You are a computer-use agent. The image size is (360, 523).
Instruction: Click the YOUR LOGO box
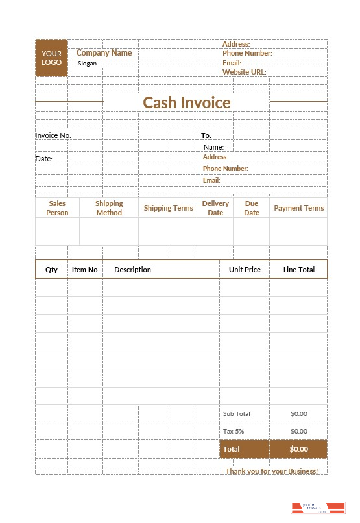point(51,58)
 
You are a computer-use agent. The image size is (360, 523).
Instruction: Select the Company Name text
point(104,53)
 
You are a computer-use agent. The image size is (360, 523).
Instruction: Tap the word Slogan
point(87,64)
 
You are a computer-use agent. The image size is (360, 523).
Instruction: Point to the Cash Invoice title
point(186,102)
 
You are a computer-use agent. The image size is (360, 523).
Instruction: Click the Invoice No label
point(53,135)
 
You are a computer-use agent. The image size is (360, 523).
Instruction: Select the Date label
point(43,159)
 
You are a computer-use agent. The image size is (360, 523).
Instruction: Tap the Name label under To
point(213,147)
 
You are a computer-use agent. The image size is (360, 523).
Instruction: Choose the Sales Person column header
point(57,208)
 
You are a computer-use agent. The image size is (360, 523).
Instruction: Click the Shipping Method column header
point(109,208)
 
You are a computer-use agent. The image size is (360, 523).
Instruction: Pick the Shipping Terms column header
point(168,208)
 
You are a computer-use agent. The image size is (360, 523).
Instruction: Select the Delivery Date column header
point(215,208)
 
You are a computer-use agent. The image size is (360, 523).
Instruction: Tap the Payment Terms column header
point(298,208)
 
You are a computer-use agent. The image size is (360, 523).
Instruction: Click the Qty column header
point(51,270)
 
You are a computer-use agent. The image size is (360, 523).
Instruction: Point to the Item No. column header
point(86,270)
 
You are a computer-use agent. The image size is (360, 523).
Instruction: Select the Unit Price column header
point(245,270)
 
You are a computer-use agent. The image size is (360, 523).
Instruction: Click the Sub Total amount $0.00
point(298,413)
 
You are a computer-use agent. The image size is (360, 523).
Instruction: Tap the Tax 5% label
point(234,431)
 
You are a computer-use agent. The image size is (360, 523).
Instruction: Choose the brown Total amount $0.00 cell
point(298,449)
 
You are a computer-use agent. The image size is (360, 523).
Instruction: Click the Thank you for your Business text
point(272,471)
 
